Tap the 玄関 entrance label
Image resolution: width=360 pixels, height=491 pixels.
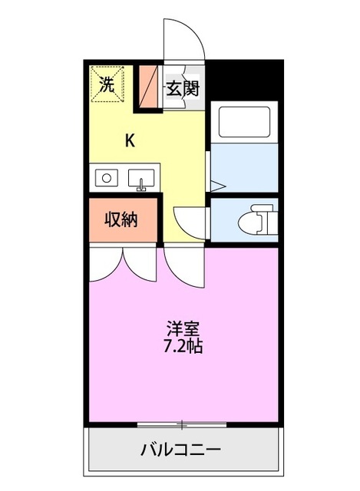pos(183,87)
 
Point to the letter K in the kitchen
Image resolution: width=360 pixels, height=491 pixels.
pos(130,140)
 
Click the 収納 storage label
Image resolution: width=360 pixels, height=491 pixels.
pos(121,219)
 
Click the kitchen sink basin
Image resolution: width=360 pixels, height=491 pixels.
pos(140,179)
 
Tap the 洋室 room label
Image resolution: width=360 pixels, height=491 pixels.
pos(184,328)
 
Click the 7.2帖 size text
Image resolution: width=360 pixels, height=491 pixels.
pos(184,346)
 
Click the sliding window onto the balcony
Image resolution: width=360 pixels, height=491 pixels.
pos(182,423)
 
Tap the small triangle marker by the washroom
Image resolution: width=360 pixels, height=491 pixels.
pos(216,185)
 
